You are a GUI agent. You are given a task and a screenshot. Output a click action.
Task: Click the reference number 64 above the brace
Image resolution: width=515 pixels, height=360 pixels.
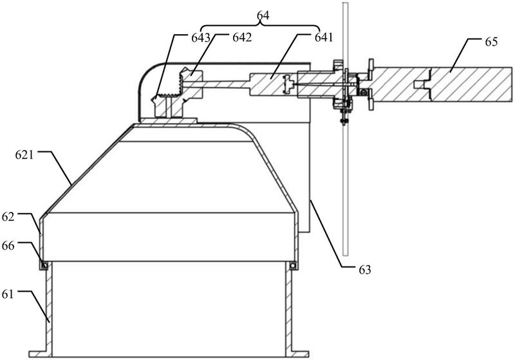point(263,15)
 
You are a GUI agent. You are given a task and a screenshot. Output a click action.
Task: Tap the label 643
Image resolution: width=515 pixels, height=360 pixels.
point(201,38)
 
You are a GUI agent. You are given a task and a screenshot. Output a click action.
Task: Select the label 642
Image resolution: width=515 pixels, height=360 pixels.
point(242,37)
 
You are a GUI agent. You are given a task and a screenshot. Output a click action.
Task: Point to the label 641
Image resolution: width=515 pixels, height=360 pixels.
point(324,37)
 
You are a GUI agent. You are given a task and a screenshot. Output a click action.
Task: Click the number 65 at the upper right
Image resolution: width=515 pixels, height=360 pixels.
point(491,42)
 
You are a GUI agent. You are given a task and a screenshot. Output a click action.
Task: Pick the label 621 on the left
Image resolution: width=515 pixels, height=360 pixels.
point(24,155)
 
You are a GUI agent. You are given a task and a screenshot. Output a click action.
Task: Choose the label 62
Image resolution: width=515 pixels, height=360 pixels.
point(8,217)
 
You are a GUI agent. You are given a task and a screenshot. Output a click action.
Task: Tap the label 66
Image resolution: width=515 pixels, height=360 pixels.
point(8,245)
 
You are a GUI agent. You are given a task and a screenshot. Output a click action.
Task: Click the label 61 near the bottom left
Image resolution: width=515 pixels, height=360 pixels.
point(8,294)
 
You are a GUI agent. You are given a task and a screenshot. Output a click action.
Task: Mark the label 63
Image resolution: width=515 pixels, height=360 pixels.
point(364,270)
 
